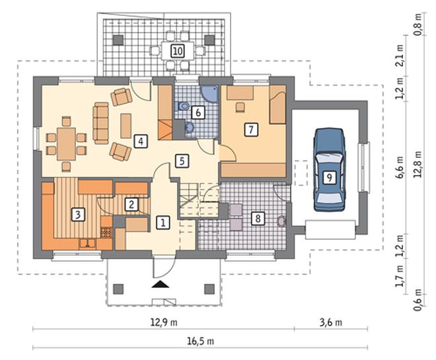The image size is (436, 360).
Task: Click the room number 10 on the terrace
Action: [x=178, y=51]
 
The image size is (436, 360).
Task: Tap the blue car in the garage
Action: [x=329, y=170]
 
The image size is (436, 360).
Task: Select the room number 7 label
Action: [x=251, y=129]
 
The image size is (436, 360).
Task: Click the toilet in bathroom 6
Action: [x=183, y=106]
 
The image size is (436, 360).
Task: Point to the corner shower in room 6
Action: [x=210, y=94]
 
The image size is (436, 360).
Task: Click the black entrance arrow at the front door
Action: [x=160, y=284]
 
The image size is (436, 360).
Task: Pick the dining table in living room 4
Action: [x=67, y=144]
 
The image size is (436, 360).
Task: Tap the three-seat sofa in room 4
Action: [x=101, y=123]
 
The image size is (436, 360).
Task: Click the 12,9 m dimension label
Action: [x=164, y=322]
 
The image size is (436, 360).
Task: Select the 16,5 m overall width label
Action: [x=200, y=341]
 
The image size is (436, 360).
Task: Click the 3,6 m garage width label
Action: [x=331, y=322]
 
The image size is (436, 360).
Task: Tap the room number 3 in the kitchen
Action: [x=78, y=215]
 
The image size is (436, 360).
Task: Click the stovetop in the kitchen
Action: [x=106, y=232]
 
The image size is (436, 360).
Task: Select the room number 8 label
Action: [x=258, y=218]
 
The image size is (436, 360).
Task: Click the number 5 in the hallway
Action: [x=182, y=161]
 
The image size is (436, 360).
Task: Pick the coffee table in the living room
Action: [x=126, y=126]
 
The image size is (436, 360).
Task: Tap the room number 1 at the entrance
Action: [x=163, y=223]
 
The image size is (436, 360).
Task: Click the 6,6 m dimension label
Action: [x=400, y=167]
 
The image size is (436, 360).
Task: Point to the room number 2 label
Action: [x=131, y=204]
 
